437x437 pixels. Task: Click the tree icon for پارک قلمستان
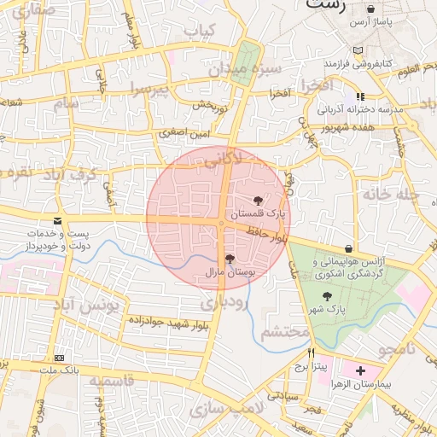(x=259, y=198)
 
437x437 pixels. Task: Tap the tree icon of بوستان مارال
(x=229, y=259)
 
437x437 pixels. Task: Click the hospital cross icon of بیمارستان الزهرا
(x=360, y=370)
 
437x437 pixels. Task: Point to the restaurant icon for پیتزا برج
(x=312, y=353)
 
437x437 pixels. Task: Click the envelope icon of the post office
(x=57, y=220)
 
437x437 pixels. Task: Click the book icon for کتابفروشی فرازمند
(x=368, y=50)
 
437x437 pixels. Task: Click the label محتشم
(x=284, y=330)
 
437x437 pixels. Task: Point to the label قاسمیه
(x=111, y=381)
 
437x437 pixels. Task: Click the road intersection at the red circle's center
(x=221, y=222)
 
